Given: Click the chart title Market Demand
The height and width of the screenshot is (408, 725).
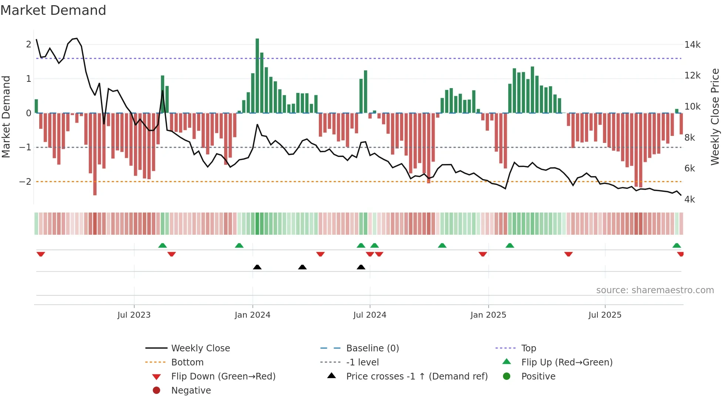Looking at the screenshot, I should coord(53,10).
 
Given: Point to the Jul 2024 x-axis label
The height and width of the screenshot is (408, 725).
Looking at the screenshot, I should coord(370,315).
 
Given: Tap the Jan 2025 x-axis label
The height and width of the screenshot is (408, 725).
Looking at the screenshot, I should coord(488,315).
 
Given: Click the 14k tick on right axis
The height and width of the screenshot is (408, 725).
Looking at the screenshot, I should coord(692,45).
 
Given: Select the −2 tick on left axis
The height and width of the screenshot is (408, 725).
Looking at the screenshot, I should coord(25,181).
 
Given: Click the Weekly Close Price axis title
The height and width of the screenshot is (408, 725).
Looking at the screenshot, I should coord(715,117).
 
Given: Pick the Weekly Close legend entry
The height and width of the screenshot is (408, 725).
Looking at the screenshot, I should coord(200,348).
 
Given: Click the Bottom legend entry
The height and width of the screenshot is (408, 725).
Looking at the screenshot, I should coord(187,362).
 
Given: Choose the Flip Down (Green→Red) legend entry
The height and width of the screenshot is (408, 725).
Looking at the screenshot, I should coord(223,376).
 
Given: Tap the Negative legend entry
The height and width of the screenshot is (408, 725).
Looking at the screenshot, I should coord(191,390).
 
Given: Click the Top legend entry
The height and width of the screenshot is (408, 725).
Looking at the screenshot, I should coord(528,348).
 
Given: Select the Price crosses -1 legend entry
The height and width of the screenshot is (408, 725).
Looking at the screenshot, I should coord(417,376).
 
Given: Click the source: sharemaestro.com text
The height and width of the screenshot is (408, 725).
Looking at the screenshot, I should coord(655,290).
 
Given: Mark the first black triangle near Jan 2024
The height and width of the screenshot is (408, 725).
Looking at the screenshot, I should coord(257,267).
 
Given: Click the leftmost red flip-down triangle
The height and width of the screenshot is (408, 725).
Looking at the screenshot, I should coord(41,254).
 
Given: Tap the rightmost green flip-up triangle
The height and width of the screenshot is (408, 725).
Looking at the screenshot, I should coord(677,245).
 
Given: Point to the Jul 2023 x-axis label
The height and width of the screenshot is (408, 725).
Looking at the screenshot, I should coord(134,315).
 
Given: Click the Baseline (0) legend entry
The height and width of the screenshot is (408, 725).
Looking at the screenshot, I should coord(372,348).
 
